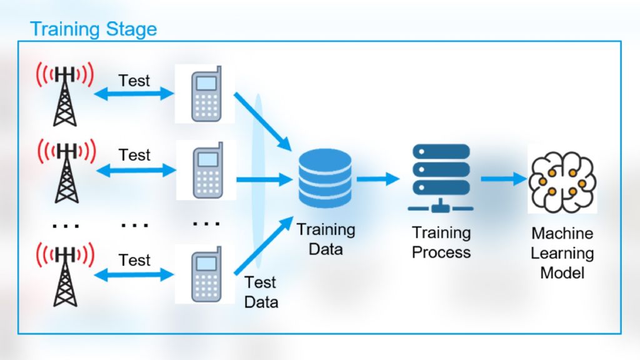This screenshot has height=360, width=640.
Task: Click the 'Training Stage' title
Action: pos(94,29)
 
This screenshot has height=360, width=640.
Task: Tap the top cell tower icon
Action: pos(65,94)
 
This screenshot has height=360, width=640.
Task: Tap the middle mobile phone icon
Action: pos(207,170)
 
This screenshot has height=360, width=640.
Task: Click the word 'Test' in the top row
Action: pos(134,81)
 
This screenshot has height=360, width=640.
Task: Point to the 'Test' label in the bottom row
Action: pos(134,260)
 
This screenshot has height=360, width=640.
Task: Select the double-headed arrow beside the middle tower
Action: pos(134,169)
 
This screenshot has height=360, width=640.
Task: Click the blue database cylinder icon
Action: pos(325,178)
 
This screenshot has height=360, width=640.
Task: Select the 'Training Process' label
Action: pos(441,242)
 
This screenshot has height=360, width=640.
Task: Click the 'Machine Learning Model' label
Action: pos(562,253)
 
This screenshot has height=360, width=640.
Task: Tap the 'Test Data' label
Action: pos(261,292)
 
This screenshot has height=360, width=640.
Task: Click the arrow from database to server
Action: pos(377,179)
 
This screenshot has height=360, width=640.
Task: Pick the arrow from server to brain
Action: pos(503,179)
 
